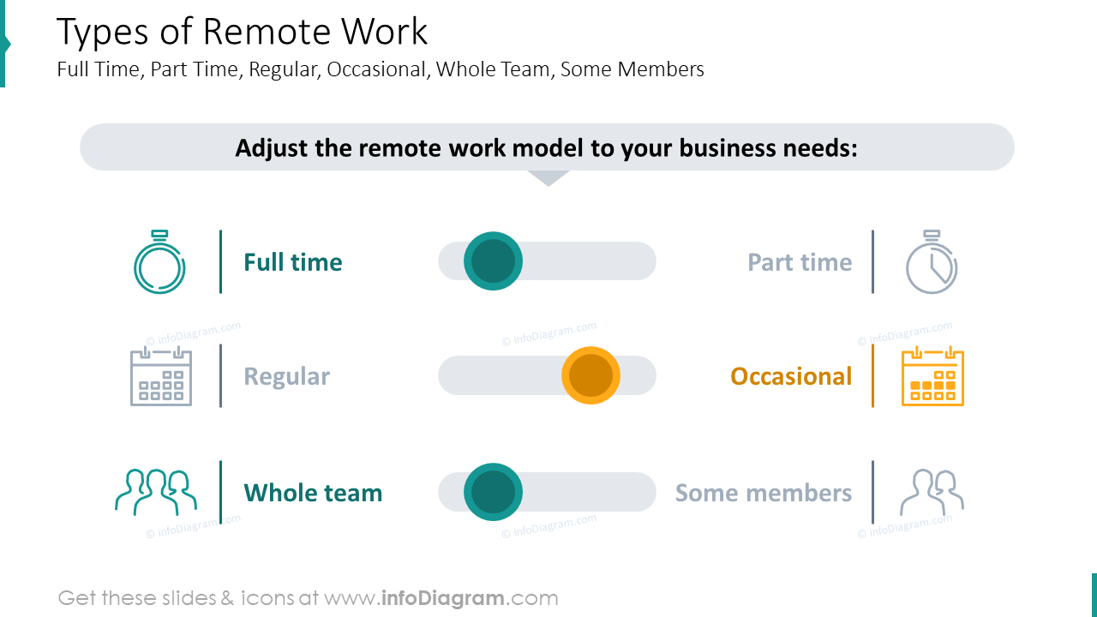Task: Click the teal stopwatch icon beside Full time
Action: tap(159, 263)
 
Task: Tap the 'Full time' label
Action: tap(292, 262)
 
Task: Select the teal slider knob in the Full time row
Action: tap(493, 261)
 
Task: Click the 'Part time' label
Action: tap(800, 262)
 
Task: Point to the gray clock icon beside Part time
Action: tap(932, 263)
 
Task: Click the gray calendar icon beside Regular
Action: tap(161, 376)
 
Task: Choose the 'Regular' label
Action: tap(286, 376)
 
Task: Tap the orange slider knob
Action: tap(590, 375)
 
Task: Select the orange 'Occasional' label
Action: tap(791, 376)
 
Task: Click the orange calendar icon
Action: tap(932, 376)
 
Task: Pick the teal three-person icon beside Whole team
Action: tap(156, 492)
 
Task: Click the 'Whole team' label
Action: tap(313, 493)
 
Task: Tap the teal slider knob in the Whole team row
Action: tap(493, 492)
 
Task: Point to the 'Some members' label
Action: tap(763, 493)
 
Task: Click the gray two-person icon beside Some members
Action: tap(932, 492)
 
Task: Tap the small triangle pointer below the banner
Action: tap(548, 177)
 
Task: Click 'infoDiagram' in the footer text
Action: tap(442, 598)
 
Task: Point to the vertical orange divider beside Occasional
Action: tap(872, 376)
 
